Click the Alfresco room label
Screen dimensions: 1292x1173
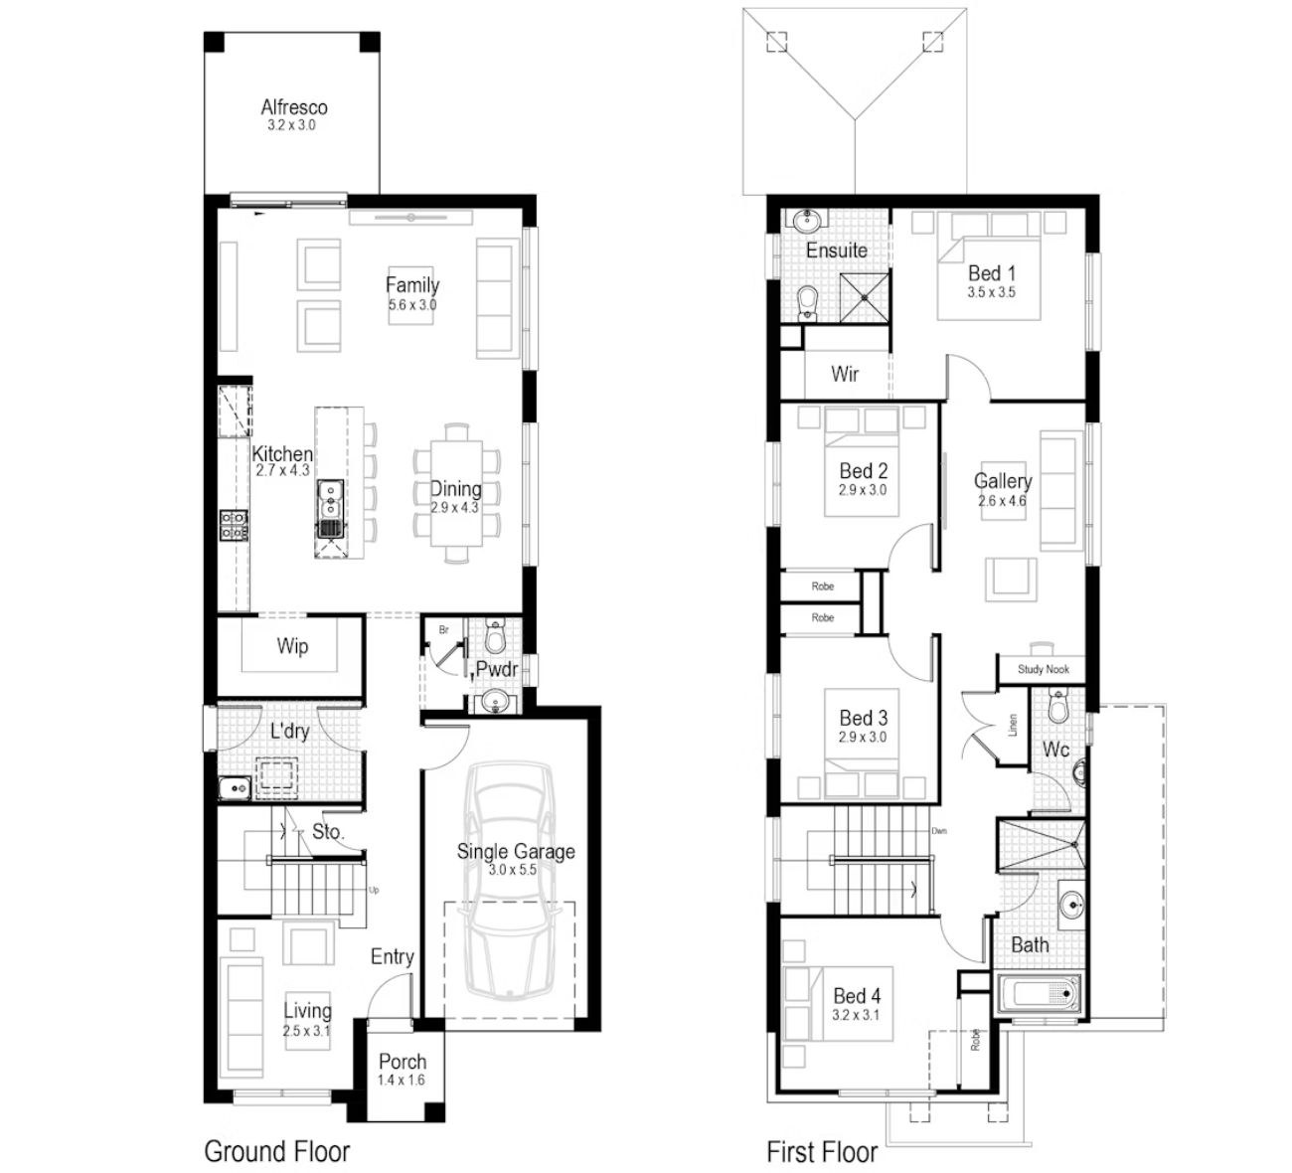[x=294, y=107]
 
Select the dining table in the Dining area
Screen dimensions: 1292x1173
[x=456, y=493]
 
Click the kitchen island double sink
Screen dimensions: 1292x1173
[x=330, y=499]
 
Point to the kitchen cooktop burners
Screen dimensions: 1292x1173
[x=234, y=525]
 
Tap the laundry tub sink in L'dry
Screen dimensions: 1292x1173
[x=235, y=787]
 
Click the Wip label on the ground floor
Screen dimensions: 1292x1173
[x=292, y=646]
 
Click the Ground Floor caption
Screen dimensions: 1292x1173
[x=277, y=1151]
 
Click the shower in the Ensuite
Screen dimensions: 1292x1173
[x=865, y=298]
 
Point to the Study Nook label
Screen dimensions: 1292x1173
[x=1043, y=669]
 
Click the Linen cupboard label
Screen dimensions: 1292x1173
[x=1013, y=725]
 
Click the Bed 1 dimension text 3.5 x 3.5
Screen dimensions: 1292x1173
[x=991, y=292]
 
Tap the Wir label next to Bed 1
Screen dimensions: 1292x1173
[x=845, y=373]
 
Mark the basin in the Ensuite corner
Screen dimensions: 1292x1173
[x=805, y=222]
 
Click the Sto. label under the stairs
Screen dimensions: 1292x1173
[x=328, y=831]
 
